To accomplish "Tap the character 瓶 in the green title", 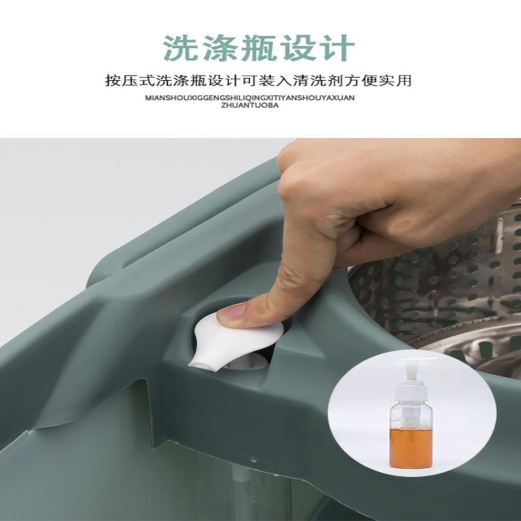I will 260,48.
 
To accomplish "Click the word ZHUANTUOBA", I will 250,105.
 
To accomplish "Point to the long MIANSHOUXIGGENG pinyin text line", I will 250,98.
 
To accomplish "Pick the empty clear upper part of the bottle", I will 411,414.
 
